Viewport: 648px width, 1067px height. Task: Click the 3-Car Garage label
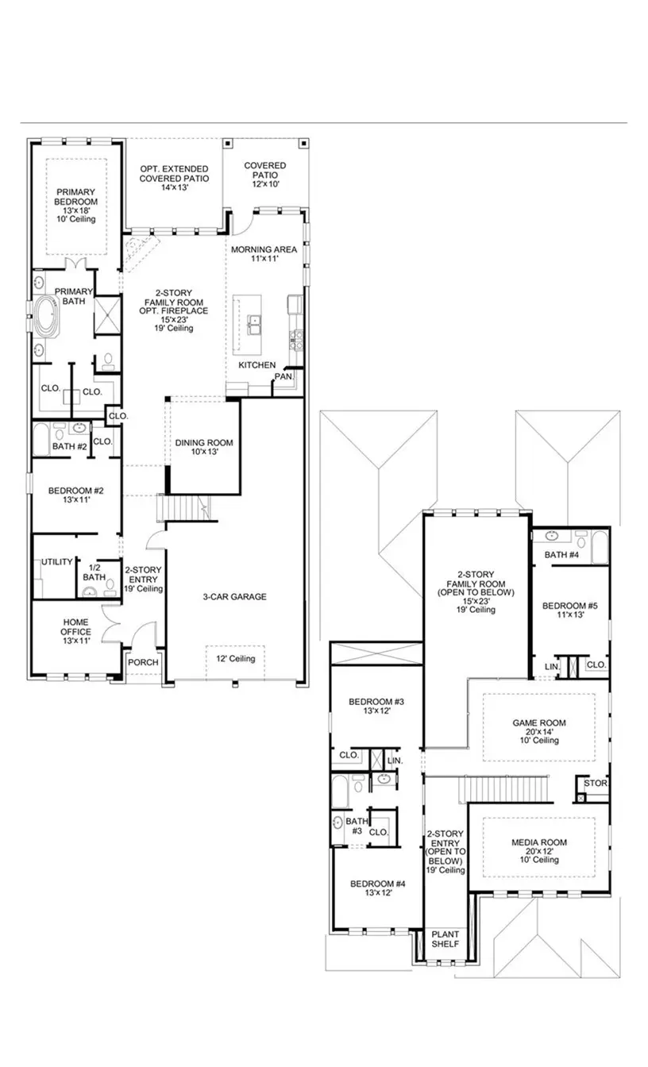tap(233, 597)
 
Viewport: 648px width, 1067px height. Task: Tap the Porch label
tap(144, 662)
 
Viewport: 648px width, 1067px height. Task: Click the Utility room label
tap(57, 562)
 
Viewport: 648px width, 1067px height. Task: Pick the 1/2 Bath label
tap(94, 572)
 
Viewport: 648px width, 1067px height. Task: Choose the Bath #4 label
tap(561, 554)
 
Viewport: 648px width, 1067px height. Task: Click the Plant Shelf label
tap(444, 939)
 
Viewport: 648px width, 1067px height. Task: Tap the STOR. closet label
tap(595, 784)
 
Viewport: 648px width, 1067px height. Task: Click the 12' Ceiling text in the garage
tap(236, 659)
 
